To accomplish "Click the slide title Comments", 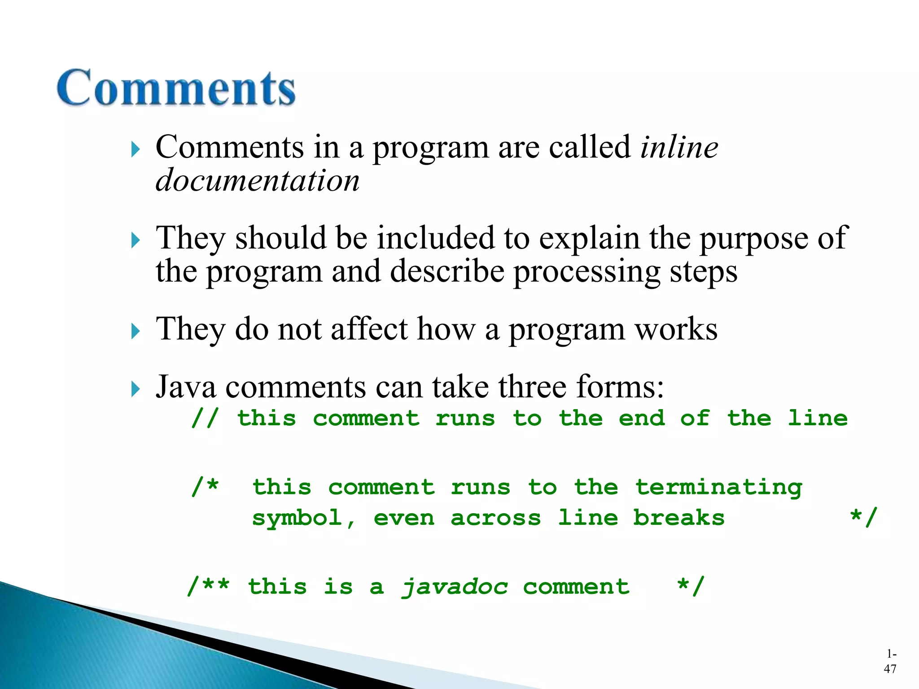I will (x=176, y=87).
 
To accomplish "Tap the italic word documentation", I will (x=258, y=180).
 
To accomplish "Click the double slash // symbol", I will (x=205, y=419).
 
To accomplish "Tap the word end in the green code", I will (x=642, y=419).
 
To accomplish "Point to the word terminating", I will (x=719, y=488).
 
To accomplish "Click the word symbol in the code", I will (x=297, y=519).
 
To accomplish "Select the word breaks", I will (x=678, y=518).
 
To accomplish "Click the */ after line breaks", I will (x=863, y=518).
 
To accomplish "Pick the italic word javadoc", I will (x=454, y=587).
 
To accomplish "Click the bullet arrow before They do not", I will (x=136, y=331).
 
